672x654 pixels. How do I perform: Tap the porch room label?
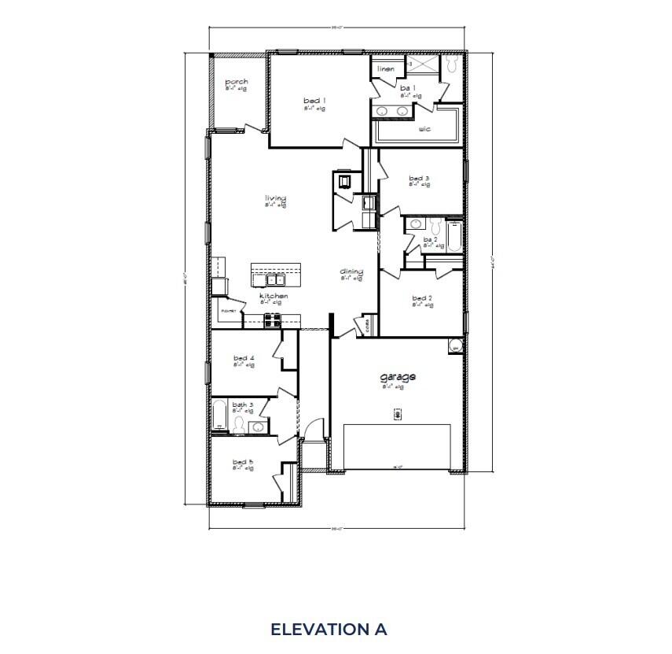(x=237, y=82)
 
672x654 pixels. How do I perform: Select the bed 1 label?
(x=314, y=101)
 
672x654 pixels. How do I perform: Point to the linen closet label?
(x=385, y=69)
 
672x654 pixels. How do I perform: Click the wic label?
(x=424, y=128)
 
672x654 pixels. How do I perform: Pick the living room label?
(x=275, y=198)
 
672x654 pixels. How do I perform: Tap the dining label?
(x=351, y=272)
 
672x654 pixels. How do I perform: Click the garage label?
(x=398, y=377)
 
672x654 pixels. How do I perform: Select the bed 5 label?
(x=243, y=462)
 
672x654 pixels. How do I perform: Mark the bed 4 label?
(x=244, y=358)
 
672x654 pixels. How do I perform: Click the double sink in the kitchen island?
(x=276, y=279)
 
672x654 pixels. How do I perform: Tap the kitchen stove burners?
(x=272, y=319)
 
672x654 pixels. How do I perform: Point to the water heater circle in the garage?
(x=455, y=345)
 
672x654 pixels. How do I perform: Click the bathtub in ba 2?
(x=454, y=237)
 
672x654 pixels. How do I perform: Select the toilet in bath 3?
(x=237, y=426)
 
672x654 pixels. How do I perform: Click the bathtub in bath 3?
(x=219, y=415)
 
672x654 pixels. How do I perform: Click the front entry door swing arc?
(x=313, y=429)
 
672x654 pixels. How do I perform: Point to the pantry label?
(x=228, y=311)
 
